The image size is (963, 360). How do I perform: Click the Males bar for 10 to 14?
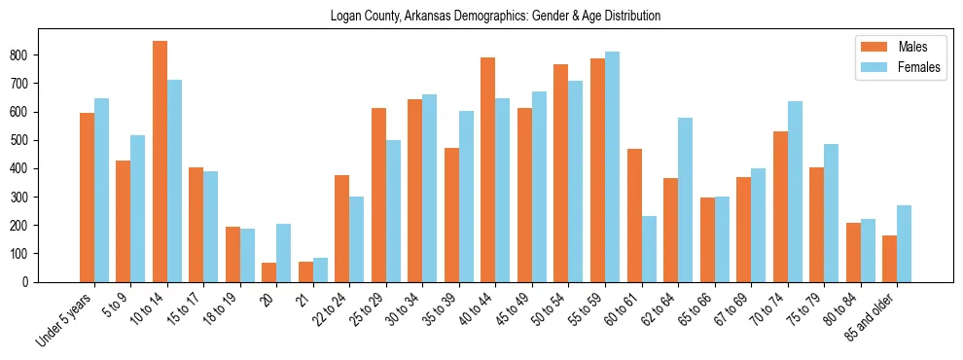point(160,162)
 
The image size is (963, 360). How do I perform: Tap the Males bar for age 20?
point(268,272)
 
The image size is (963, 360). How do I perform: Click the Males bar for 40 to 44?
point(487,170)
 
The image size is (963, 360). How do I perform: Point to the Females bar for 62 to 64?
point(685,200)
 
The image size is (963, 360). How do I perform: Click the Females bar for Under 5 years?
point(101,191)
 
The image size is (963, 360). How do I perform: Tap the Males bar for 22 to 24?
point(341,229)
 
